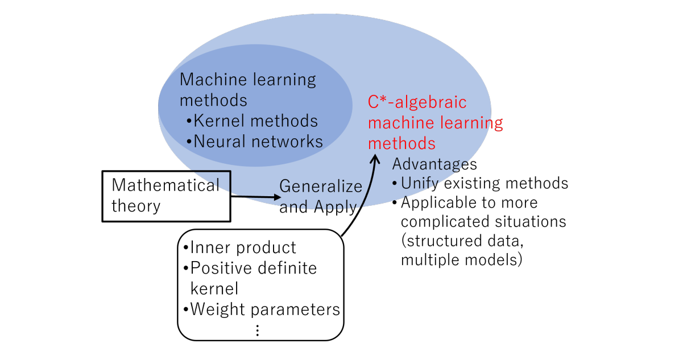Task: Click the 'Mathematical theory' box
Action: tap(166, 195)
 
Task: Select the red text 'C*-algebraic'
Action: tap(417, 102)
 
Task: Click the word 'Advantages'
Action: tap(434, 164)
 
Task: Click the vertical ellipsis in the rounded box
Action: tap(257, 330)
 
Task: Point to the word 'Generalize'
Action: tap(321, 186)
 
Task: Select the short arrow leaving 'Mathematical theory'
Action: tap(256, 197)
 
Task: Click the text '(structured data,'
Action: tap(461, 241)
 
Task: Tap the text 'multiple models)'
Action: tap(461, 260)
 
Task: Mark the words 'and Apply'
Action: tap(318, 207)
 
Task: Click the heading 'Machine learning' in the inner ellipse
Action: tap(247, 79)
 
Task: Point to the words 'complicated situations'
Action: tap(483, 221)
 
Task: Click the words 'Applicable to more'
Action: tap(469, 202)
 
